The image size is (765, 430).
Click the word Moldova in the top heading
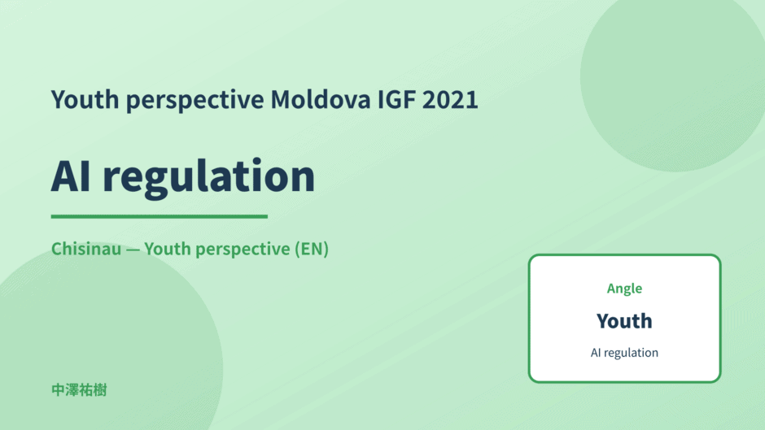[x=321, y=99]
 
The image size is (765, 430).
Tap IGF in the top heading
[x=396, y=99]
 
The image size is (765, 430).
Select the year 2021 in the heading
[x=450, y=99]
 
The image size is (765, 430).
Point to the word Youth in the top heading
[x=85, y=99]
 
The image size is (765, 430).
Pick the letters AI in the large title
[x=71, y=176]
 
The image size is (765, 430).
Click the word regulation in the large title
[x=209, y=177]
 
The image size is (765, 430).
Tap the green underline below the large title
[x=159, y=216]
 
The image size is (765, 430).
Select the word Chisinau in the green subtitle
[x=86, y=249]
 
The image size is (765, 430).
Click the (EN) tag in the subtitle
[x=311, y=249]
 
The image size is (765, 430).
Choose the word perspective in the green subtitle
[x=243, y=250]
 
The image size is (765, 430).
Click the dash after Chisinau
[x=133, y=250]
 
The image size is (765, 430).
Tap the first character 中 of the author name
[x=58, y=390]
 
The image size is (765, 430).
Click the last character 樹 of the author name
[x=100, y=390]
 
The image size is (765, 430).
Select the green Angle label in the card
[x=624, y=289]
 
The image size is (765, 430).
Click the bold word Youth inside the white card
[x=624, y=321]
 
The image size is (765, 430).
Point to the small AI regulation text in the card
[x=624, y=353]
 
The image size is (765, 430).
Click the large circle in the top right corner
[x=673, y=78]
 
